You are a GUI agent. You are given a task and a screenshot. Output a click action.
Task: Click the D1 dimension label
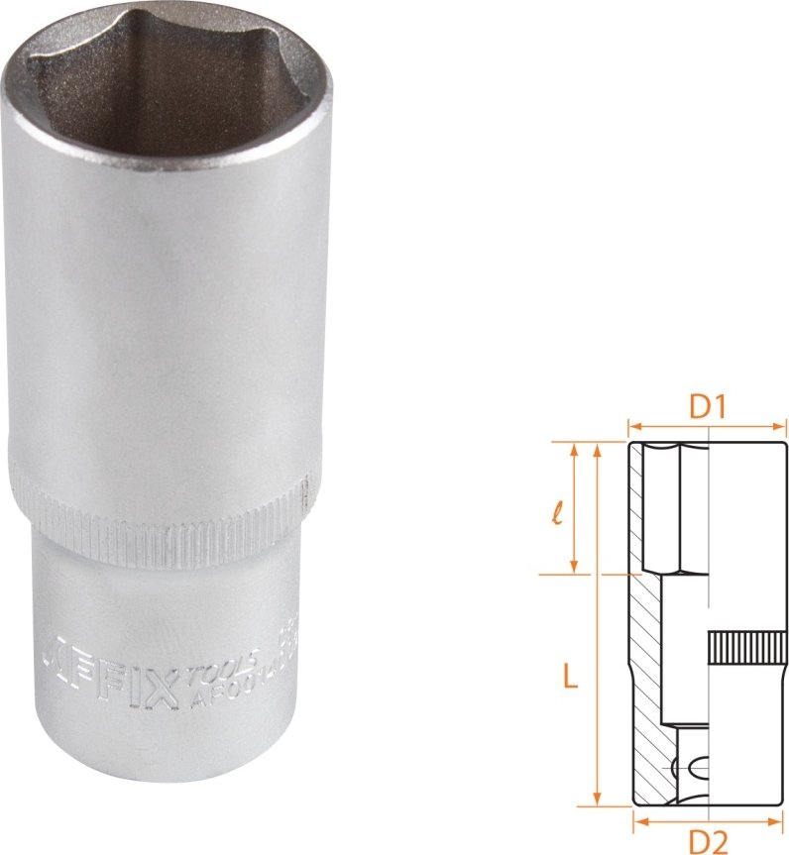pos(709,406)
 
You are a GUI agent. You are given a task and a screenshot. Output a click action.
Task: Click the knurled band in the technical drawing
pos(747,648)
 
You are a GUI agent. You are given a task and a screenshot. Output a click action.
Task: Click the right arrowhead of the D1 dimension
pos(781,429)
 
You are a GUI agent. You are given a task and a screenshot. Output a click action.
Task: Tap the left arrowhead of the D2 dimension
pos(636,820)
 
